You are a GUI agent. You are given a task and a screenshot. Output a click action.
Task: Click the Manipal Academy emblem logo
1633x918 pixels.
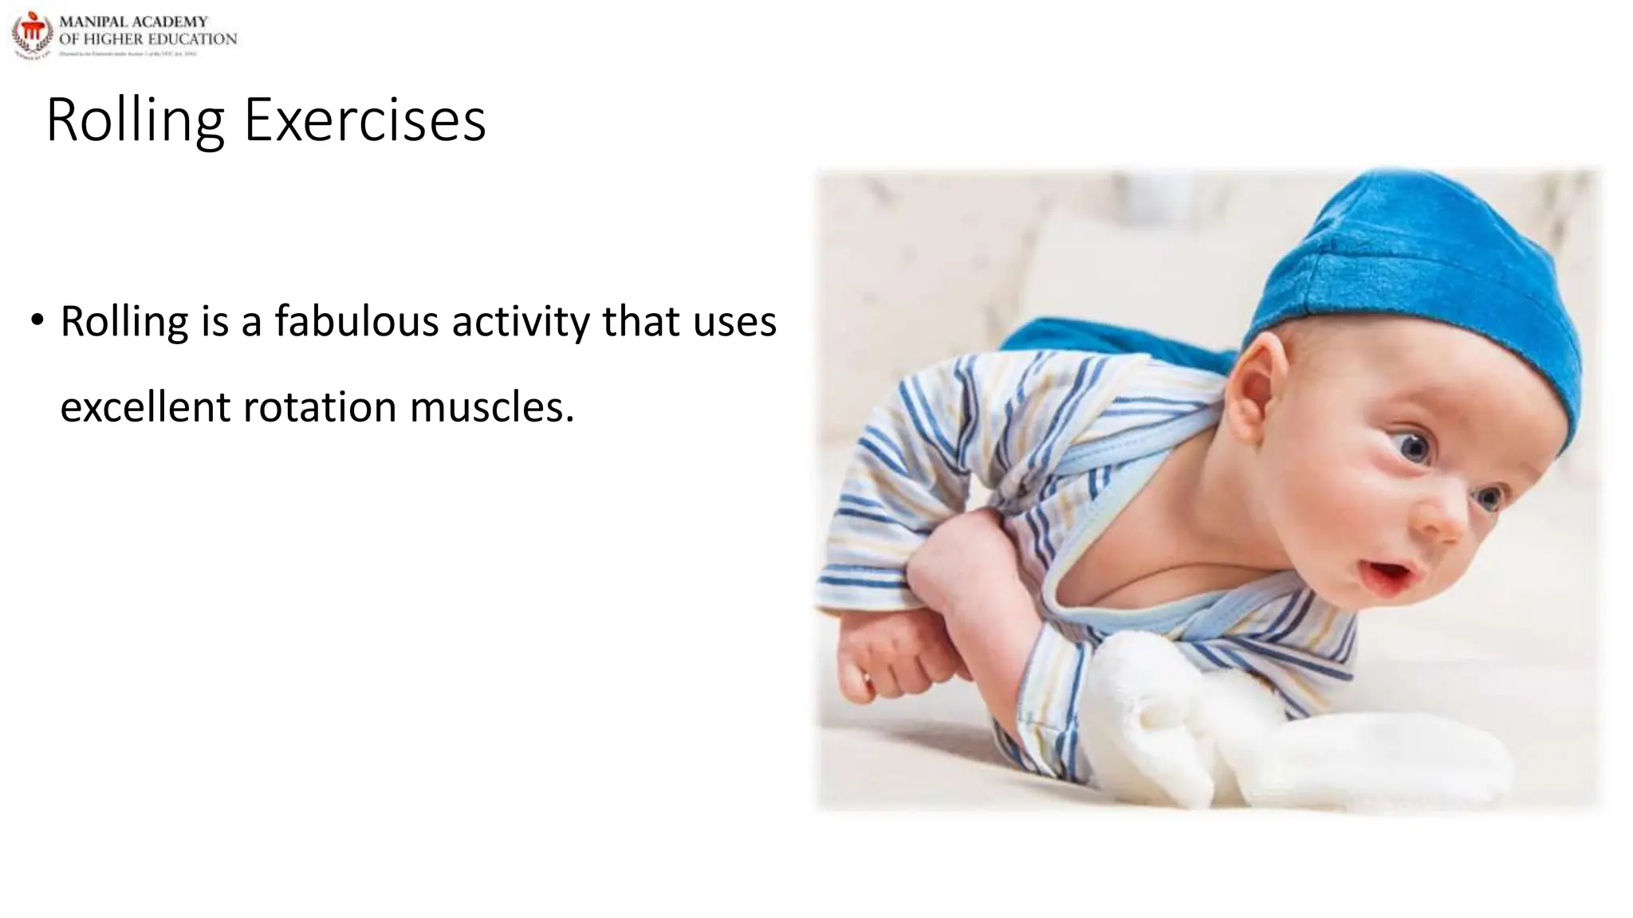click(x=32, y=34)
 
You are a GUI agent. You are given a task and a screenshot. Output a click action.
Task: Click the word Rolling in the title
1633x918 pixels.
click(x=135, y=120)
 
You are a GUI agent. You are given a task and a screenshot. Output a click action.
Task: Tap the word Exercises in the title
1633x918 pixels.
click(x=364, y=120)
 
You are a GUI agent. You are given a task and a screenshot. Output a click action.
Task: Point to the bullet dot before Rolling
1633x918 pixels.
click(x=37, y=320)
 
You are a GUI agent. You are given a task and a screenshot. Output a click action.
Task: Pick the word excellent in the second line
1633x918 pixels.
click(x=145, y=407)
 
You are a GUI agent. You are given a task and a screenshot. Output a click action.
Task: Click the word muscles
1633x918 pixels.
click(x=491, y=407)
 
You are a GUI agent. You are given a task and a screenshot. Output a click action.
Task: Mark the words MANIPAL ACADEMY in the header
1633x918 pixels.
click(x=133, y=22)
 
